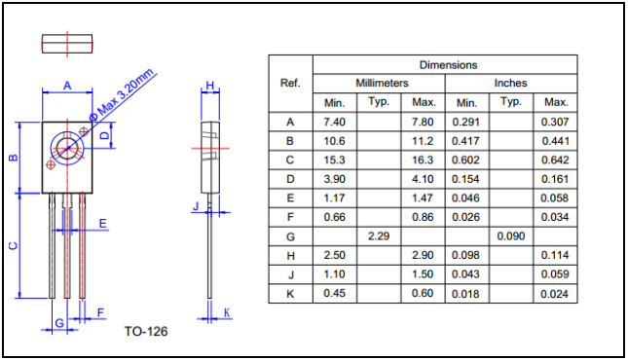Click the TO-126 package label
[x=146, y=331]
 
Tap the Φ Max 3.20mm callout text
[x=122, y=95]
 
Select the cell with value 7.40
[x=334, y=122]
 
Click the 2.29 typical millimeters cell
[x=379, y=236]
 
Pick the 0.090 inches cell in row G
[x=510, y=236]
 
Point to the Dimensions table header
[x=448, y=65]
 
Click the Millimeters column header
[x=382, y=83]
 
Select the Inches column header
[x=510, y=83]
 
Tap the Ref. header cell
[x=290, y=84]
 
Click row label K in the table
[x=290, y=294]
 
